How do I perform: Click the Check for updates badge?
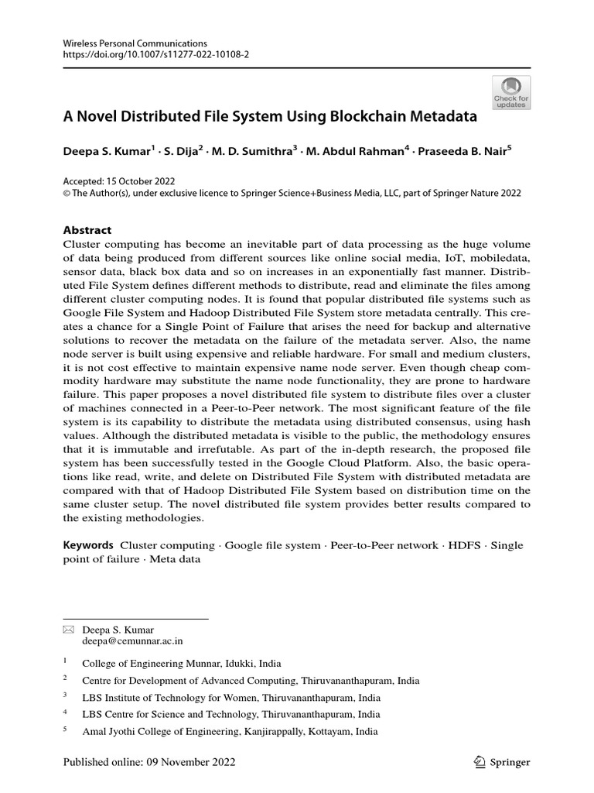tap(511, 92)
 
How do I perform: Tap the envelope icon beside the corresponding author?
tap(67, 630)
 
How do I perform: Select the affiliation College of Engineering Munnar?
tap(182, 664)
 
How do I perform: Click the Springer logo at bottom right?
tap(501, 762)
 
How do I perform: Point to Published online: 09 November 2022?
tap(148, 762)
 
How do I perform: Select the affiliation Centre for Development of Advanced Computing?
tap(251, 681)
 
